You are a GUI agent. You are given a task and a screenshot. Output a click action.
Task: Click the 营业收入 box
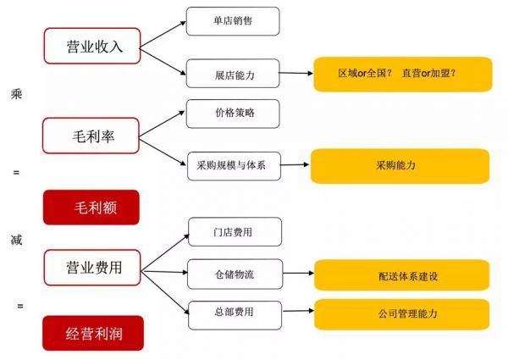point(92,46)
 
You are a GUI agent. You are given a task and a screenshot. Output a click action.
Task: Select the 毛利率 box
point(91,136)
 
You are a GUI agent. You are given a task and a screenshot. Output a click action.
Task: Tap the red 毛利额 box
point(91,208)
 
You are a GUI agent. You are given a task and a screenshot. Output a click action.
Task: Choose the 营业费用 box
point(92,268)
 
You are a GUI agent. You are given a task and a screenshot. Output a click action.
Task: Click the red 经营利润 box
point(93,333)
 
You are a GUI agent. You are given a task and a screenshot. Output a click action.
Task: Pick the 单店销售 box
point(233,21)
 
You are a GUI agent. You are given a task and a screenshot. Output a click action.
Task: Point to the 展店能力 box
point(233,73)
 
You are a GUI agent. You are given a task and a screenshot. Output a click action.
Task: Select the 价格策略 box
point(233,114)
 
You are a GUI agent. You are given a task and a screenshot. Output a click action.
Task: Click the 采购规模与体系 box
point(234,166)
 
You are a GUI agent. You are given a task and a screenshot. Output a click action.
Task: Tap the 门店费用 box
point(235,232)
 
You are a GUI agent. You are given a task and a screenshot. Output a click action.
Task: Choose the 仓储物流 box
point(235,274)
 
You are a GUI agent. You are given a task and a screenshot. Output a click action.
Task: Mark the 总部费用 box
point(235,315)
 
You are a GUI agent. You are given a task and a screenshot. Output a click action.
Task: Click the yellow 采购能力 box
point(400,166)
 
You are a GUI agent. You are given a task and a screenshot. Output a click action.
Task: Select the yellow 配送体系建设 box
point(401,275)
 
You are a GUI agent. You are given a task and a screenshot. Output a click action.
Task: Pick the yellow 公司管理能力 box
point(401,314)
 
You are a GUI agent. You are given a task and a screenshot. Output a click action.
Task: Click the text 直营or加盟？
point(429,73)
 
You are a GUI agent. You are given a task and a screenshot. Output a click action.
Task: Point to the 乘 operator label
point(16,94)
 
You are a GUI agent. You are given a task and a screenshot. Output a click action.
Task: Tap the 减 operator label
point(17,240)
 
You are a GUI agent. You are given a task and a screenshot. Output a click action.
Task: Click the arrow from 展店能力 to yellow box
point(296,73)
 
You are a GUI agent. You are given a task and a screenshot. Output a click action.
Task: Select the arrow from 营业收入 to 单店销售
point(163,35)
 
